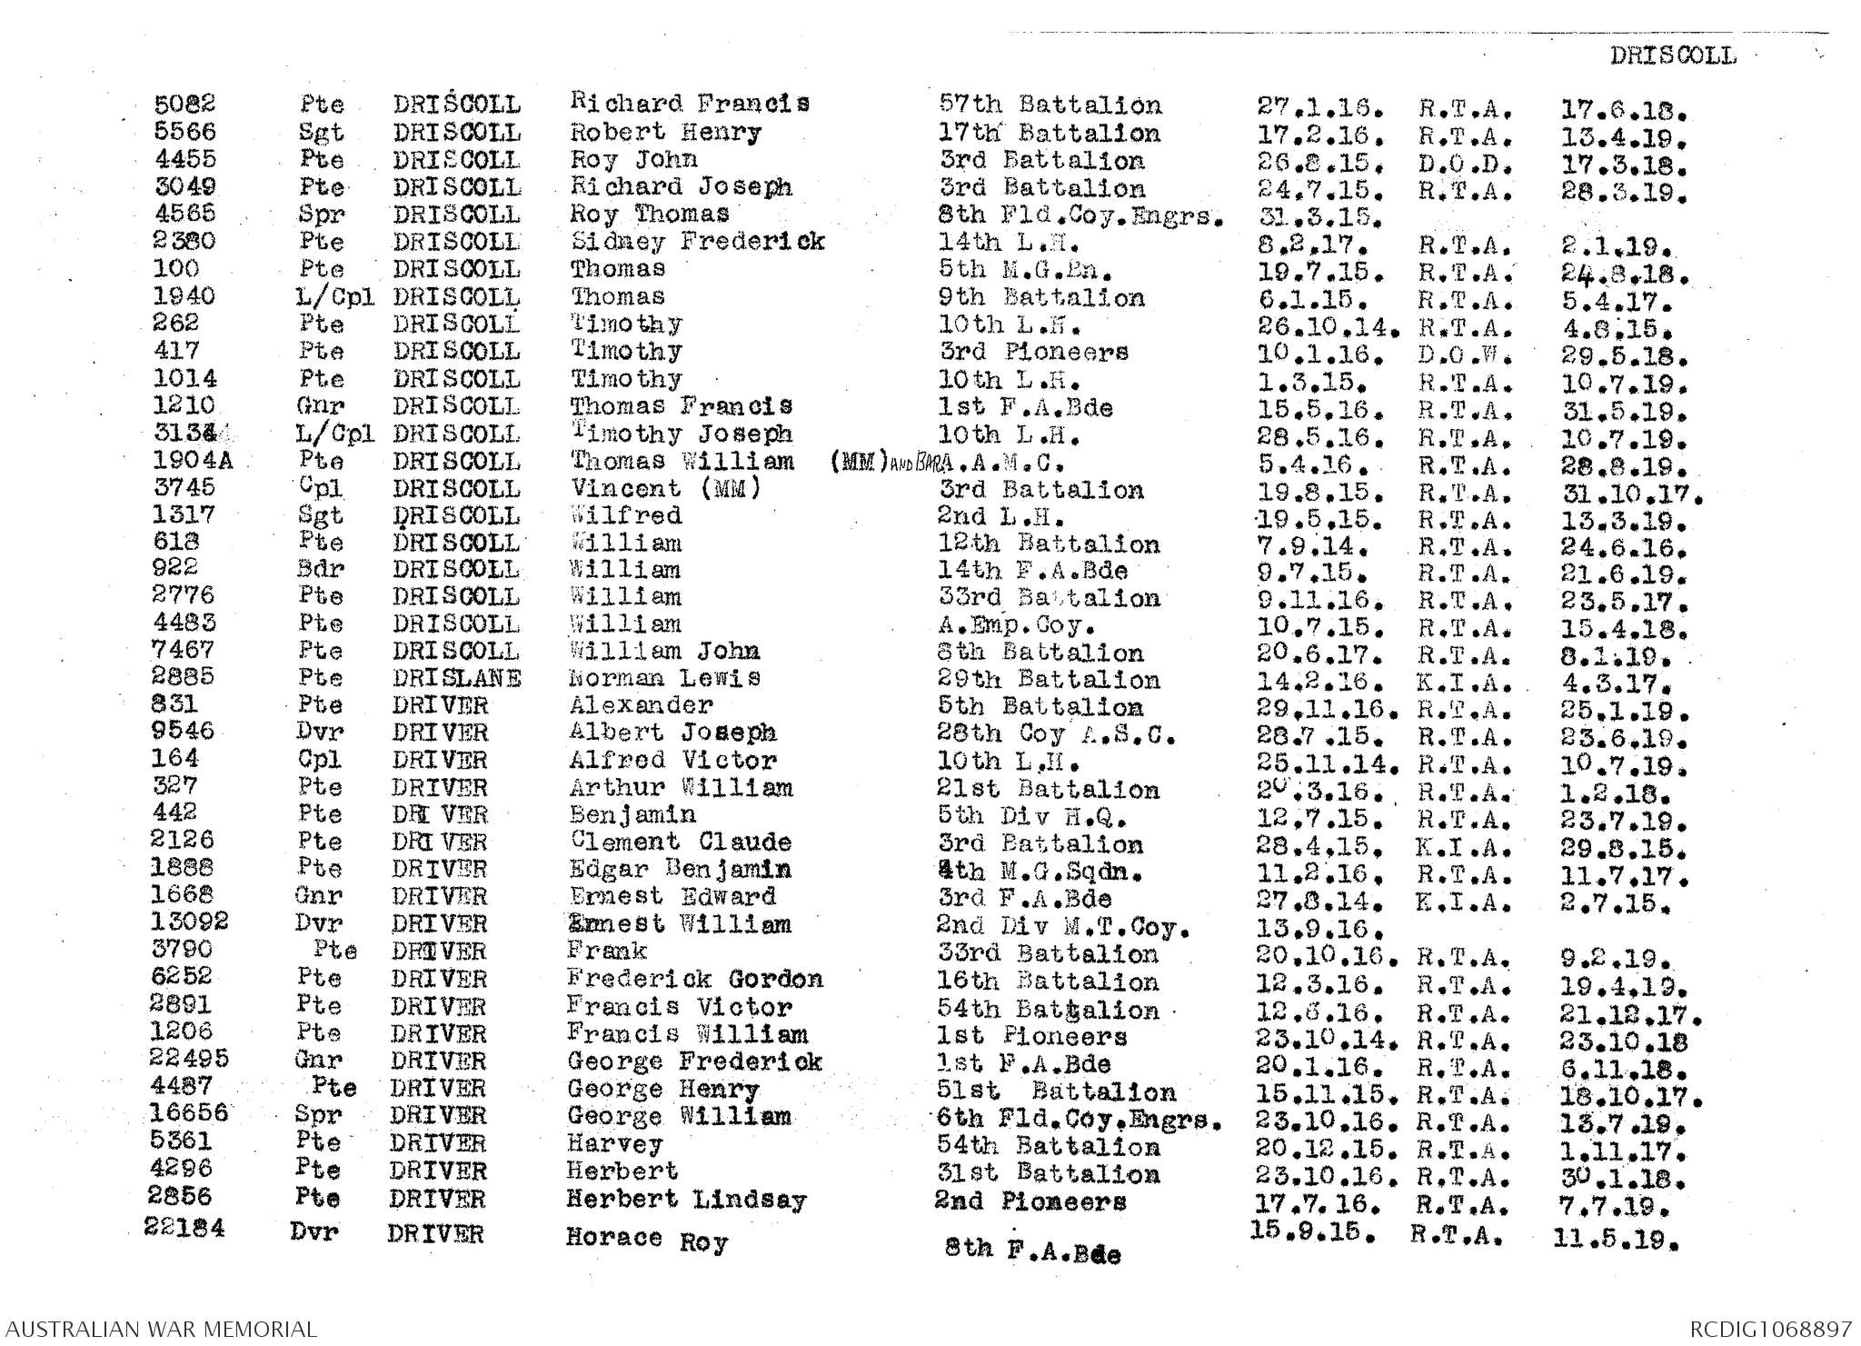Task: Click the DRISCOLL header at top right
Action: click(1673, 55)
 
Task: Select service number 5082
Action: click(185, 105)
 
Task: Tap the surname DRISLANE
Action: click(457, 679)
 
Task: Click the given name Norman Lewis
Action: click(665, 678)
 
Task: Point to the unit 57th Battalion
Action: click(1050, 105)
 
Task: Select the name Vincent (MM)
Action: click(664, 489)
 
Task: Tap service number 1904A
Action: click(193, 461)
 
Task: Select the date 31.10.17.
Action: click(1630, 496)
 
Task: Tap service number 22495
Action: click(189, 1059)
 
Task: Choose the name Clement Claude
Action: click(681, 842)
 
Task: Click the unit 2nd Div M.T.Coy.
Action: click(1063, 928)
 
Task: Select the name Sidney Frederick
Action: click(697, 242)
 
